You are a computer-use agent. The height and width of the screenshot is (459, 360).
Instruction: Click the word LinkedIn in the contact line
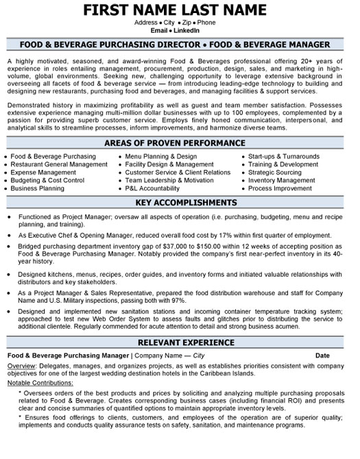pos(187,30)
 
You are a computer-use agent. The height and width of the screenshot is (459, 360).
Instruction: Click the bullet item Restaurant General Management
pos(60,164)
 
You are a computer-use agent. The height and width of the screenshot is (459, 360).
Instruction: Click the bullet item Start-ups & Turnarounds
pos(284,156)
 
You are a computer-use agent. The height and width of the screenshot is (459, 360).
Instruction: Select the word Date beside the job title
pos(322,356)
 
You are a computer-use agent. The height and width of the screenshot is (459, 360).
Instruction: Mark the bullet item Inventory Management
pos(281,180)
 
